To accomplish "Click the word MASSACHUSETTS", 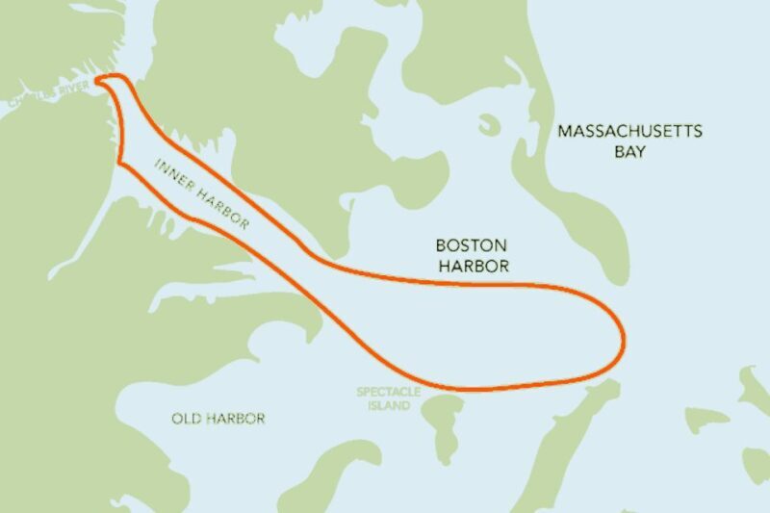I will coord(630,132).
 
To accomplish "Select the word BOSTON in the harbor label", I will coord(472,246).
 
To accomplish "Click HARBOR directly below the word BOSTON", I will coord(473,266).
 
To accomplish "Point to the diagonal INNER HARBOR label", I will coord(202,193).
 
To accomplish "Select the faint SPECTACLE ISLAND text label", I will coord(383,398).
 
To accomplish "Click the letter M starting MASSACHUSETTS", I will coord(565,132).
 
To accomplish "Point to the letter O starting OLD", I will coord(178,419).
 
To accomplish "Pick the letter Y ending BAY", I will coord(644,152).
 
